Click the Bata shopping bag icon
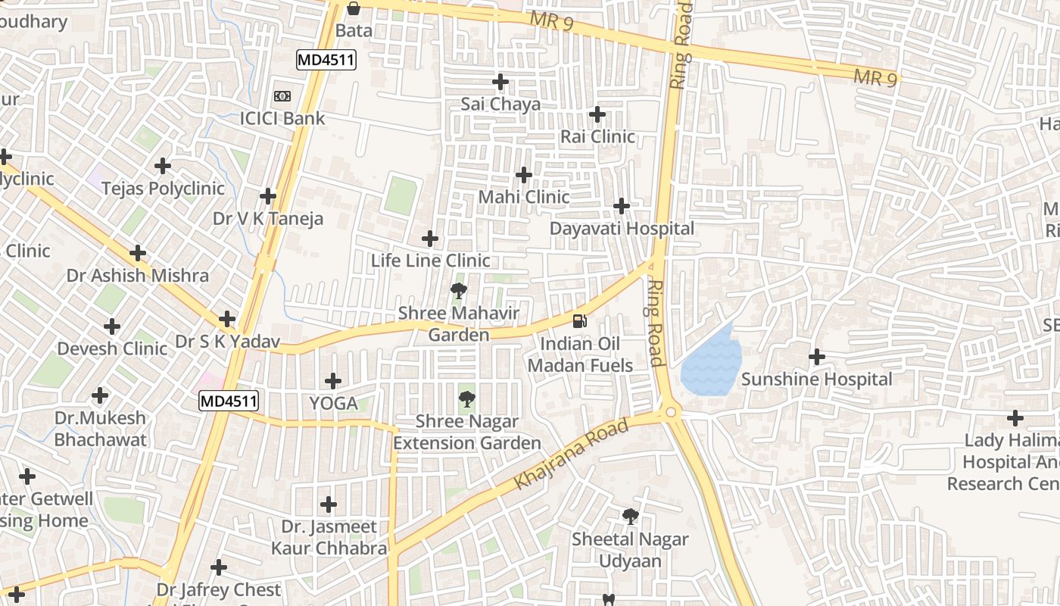pos(353,9)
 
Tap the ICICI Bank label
pos(282,118)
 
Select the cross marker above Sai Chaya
pos(500,81)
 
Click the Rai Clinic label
pos(597,137)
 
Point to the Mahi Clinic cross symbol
pos(523,175)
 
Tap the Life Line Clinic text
pos(430,261)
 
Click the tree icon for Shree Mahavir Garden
pos(458,290)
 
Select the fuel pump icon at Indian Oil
pos(580,321)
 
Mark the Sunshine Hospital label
pos(817,379)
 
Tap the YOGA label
pos(333,403)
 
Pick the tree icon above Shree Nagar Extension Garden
pos(467,398)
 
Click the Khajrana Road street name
pos(571,454)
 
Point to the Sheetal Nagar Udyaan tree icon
pos(630,517)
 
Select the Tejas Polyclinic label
pos(163,188)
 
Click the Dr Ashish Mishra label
pos(138,275)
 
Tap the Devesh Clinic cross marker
pos(112,326)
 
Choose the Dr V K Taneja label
pos(268,219)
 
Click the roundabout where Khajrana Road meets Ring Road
pos(670,412)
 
